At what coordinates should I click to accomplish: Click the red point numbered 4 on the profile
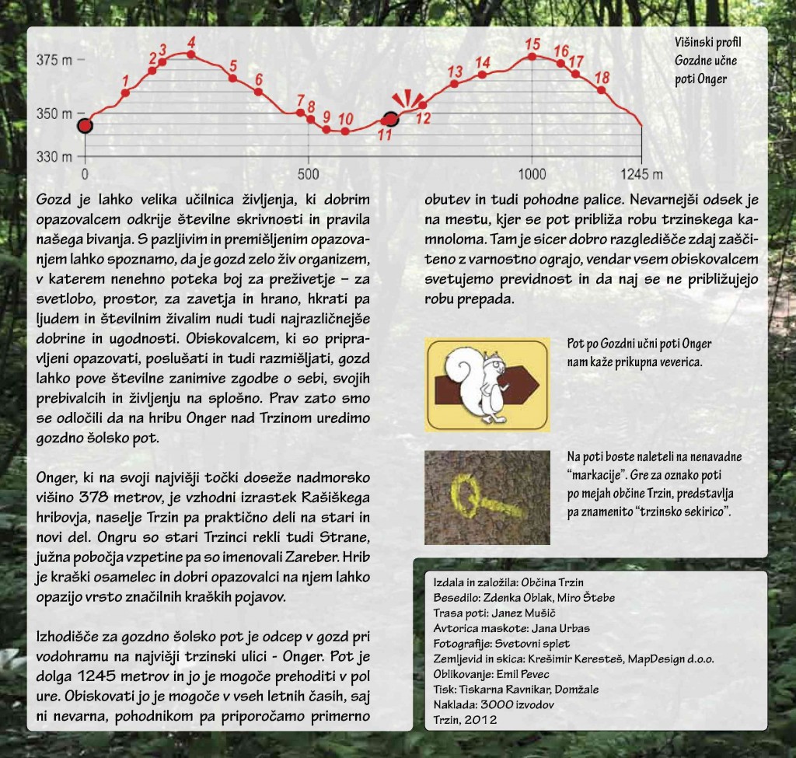click(x=191, y=54)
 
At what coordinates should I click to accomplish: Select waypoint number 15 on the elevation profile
click(x=532, y=56)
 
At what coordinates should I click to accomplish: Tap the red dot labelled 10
click(x=345, y=131)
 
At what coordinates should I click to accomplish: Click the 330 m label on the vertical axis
click(x=53, y=156)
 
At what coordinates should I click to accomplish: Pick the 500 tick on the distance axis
click(x=309, y=173)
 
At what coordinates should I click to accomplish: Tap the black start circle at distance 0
click(x=85, y=125)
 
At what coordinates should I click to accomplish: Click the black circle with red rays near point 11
click(x=392, y=118)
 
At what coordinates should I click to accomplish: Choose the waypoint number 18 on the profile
click(x=601, y=90)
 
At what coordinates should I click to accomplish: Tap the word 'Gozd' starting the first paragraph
click(x=54, y=200)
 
